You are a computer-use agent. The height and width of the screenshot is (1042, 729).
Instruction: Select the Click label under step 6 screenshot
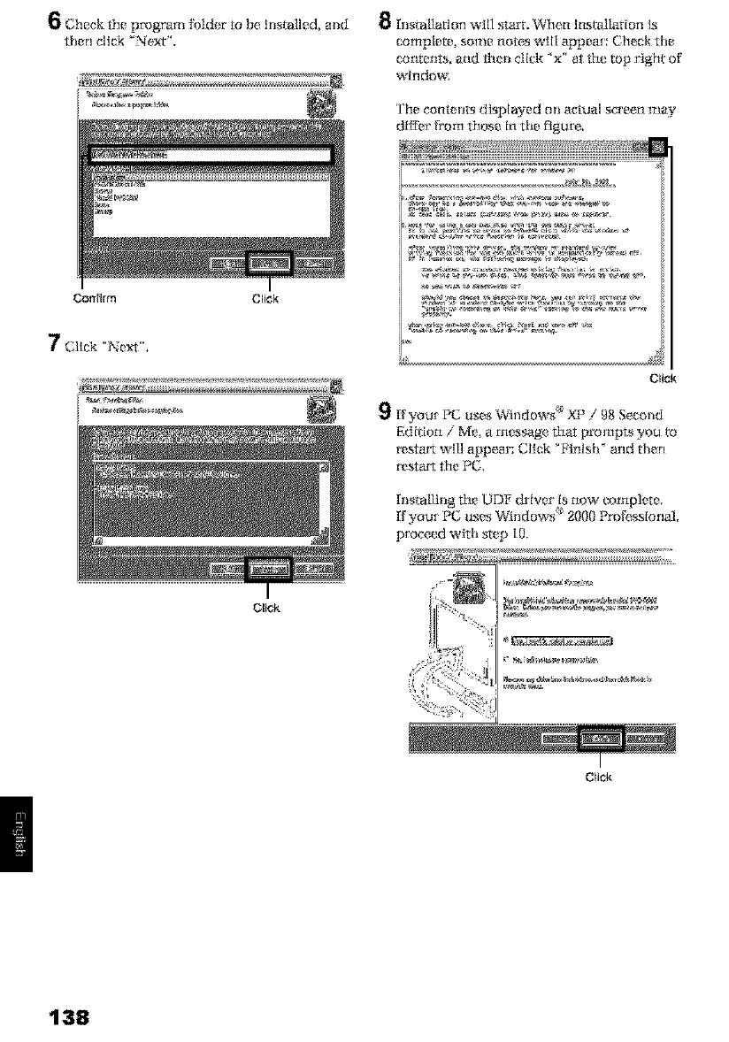tap(265, 298)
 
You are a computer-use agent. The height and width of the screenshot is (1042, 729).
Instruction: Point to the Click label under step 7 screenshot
tap(265, 608)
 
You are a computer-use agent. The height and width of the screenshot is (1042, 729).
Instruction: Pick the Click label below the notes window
tap(662, 379)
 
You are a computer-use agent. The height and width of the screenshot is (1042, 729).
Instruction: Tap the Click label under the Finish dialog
tap(599, 778)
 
